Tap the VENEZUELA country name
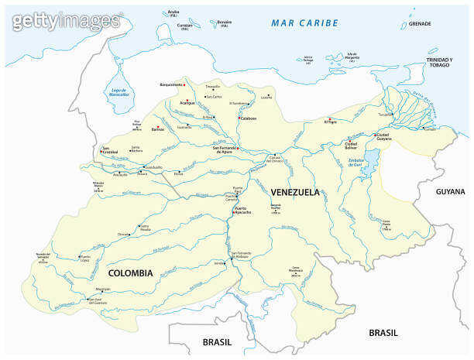pos(295,191)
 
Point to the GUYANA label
pos(449,191)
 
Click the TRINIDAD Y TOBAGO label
pos(442,63)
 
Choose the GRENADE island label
pos(420,24)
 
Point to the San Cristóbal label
pos(108,150)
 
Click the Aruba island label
pos(173,12)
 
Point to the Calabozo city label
pos(248,119)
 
